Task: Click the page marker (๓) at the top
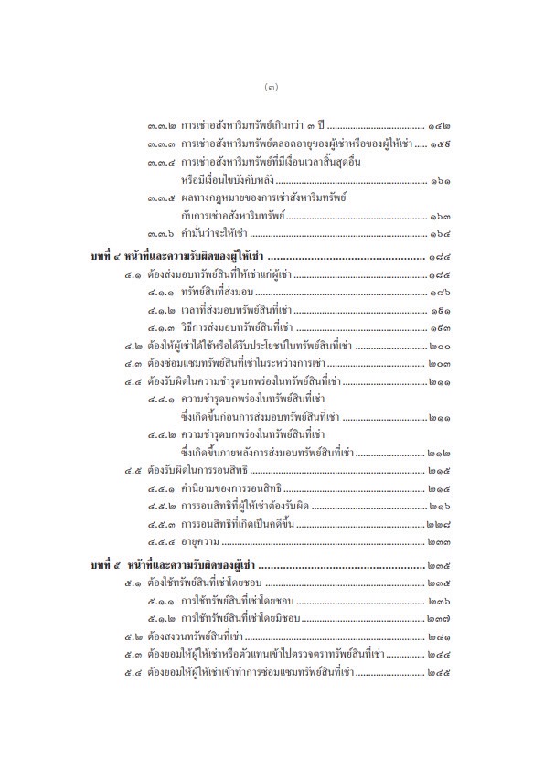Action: (x=271, y=88)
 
